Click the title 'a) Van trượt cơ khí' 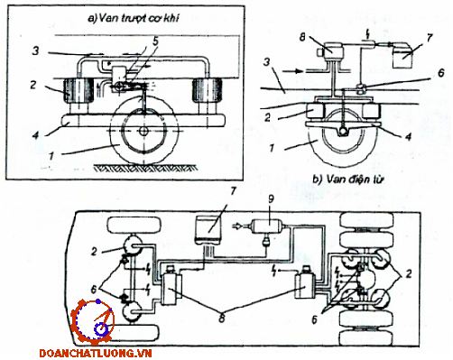[133, 19]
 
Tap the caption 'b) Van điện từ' [348, 180]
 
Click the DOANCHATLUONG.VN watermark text [96, 353]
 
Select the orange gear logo [93, 322]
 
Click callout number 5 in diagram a [155, 42]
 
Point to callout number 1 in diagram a [51, 156]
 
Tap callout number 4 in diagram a [36, 135]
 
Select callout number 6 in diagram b [441, 73]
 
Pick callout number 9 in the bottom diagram [272, 200]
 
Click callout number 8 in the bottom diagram [222, 318]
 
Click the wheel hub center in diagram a [144, 132]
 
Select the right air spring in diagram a [208, 91]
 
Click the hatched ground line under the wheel [145, 168]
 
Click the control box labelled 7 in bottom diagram [208, 229]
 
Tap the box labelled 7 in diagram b [403, 55]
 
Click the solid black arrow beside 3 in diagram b [294, 71]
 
